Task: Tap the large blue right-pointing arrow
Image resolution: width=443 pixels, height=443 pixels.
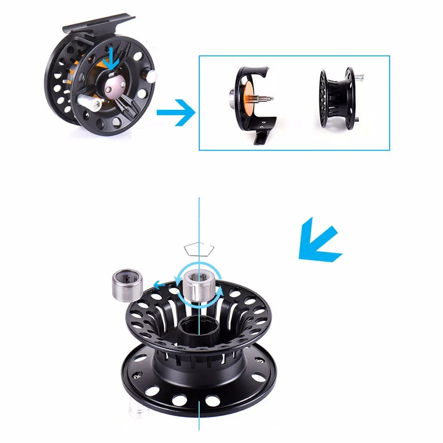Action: [176, 113]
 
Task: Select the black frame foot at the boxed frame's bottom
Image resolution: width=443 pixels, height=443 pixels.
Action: [260, 138]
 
